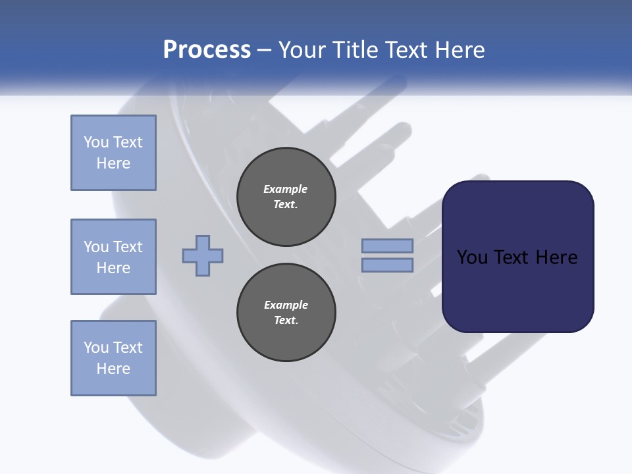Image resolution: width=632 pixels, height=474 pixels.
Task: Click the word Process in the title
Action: pyautogui.click(x=207, y=50)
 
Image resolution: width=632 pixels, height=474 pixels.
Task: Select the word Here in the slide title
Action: pyautogui.click(x=460, y=50)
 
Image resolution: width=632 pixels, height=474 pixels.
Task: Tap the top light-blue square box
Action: pyautogui.click(x=113, y=153)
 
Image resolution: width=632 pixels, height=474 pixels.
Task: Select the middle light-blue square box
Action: pyautogui.click(x=113, y=257)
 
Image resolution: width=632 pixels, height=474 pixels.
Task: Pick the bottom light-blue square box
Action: pyautogui.click(x=113, y=358)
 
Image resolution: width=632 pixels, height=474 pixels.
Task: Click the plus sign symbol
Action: pyautogui.click(x=203, y=255)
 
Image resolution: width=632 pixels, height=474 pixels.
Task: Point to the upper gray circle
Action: pyautogui.click(x=286, y=197)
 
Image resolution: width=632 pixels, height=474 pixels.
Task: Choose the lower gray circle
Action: pyautogui.click(x=286, y=313)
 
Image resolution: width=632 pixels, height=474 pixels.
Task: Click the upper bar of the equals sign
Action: pyautogui.click(x=387, y=246)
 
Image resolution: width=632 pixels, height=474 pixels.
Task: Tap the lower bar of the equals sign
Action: pyautogui.click(x=387, y=265)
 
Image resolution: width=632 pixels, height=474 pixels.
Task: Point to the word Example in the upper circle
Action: pyautogui.click(x=286, y=189)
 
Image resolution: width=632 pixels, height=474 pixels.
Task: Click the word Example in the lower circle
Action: pyautogui.click(x=286, y=305)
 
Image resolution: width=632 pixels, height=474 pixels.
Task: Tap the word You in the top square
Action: pyautogui.click(x=96, y=142)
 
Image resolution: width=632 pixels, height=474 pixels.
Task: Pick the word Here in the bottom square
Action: pyautogui.click(x=113, y=369)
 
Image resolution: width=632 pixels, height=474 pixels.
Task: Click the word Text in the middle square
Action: pyautogui.click(x=127, y=247)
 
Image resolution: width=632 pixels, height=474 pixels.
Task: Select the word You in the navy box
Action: pyautogui.click(x=472, y=257)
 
